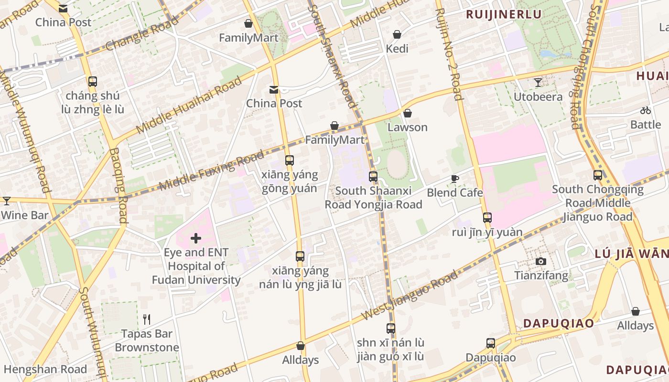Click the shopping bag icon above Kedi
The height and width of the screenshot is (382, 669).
pos(397,34)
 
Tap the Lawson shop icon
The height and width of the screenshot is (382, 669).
pos(407,113)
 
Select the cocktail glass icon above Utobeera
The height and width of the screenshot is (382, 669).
pos(538,83)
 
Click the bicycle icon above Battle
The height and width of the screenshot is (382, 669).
pos(646,110)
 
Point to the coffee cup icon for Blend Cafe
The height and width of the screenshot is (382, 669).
pos(455,179)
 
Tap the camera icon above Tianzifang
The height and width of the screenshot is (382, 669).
pos(541,261)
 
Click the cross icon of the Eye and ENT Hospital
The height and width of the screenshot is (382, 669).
pos(196,238)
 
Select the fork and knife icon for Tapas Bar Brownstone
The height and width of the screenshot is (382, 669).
pos(147,319)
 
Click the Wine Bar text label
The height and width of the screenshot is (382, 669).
pos(25,215)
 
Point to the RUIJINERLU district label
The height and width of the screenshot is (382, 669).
pos(504,14)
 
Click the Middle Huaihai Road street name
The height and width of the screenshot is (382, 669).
pos(189,106)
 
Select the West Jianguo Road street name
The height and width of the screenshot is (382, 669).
pos(410,295)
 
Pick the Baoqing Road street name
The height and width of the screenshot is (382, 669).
pos(118,185)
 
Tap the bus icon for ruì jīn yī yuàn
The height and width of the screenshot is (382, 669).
pos(487,218)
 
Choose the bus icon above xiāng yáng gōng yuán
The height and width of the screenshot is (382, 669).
pos(289,160)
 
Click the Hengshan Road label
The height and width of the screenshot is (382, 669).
pos(45,369)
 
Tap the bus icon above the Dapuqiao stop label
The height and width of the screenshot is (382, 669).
pos(491,343)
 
